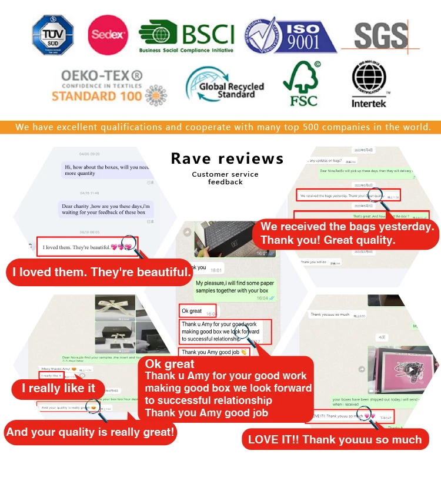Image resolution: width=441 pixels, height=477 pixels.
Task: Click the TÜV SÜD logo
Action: point(52,35)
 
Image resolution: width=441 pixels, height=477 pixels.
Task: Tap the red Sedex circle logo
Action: point(108,35)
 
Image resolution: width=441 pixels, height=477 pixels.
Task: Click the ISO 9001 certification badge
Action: point(290,36)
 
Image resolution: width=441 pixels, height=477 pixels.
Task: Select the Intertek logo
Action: point(369,85)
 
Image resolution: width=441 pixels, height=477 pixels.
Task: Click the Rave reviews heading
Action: point(227,158)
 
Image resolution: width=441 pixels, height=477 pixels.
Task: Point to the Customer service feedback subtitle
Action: point(225,178)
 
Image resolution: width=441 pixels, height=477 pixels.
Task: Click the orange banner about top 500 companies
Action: point(220,127)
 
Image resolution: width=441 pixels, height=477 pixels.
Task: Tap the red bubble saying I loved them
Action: point(102,273)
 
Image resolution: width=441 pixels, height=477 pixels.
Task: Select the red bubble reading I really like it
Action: point(58,388)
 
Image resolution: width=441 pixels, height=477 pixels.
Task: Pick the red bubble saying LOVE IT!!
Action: point(335,439)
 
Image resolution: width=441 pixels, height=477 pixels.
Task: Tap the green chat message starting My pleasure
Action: point(235,290)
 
